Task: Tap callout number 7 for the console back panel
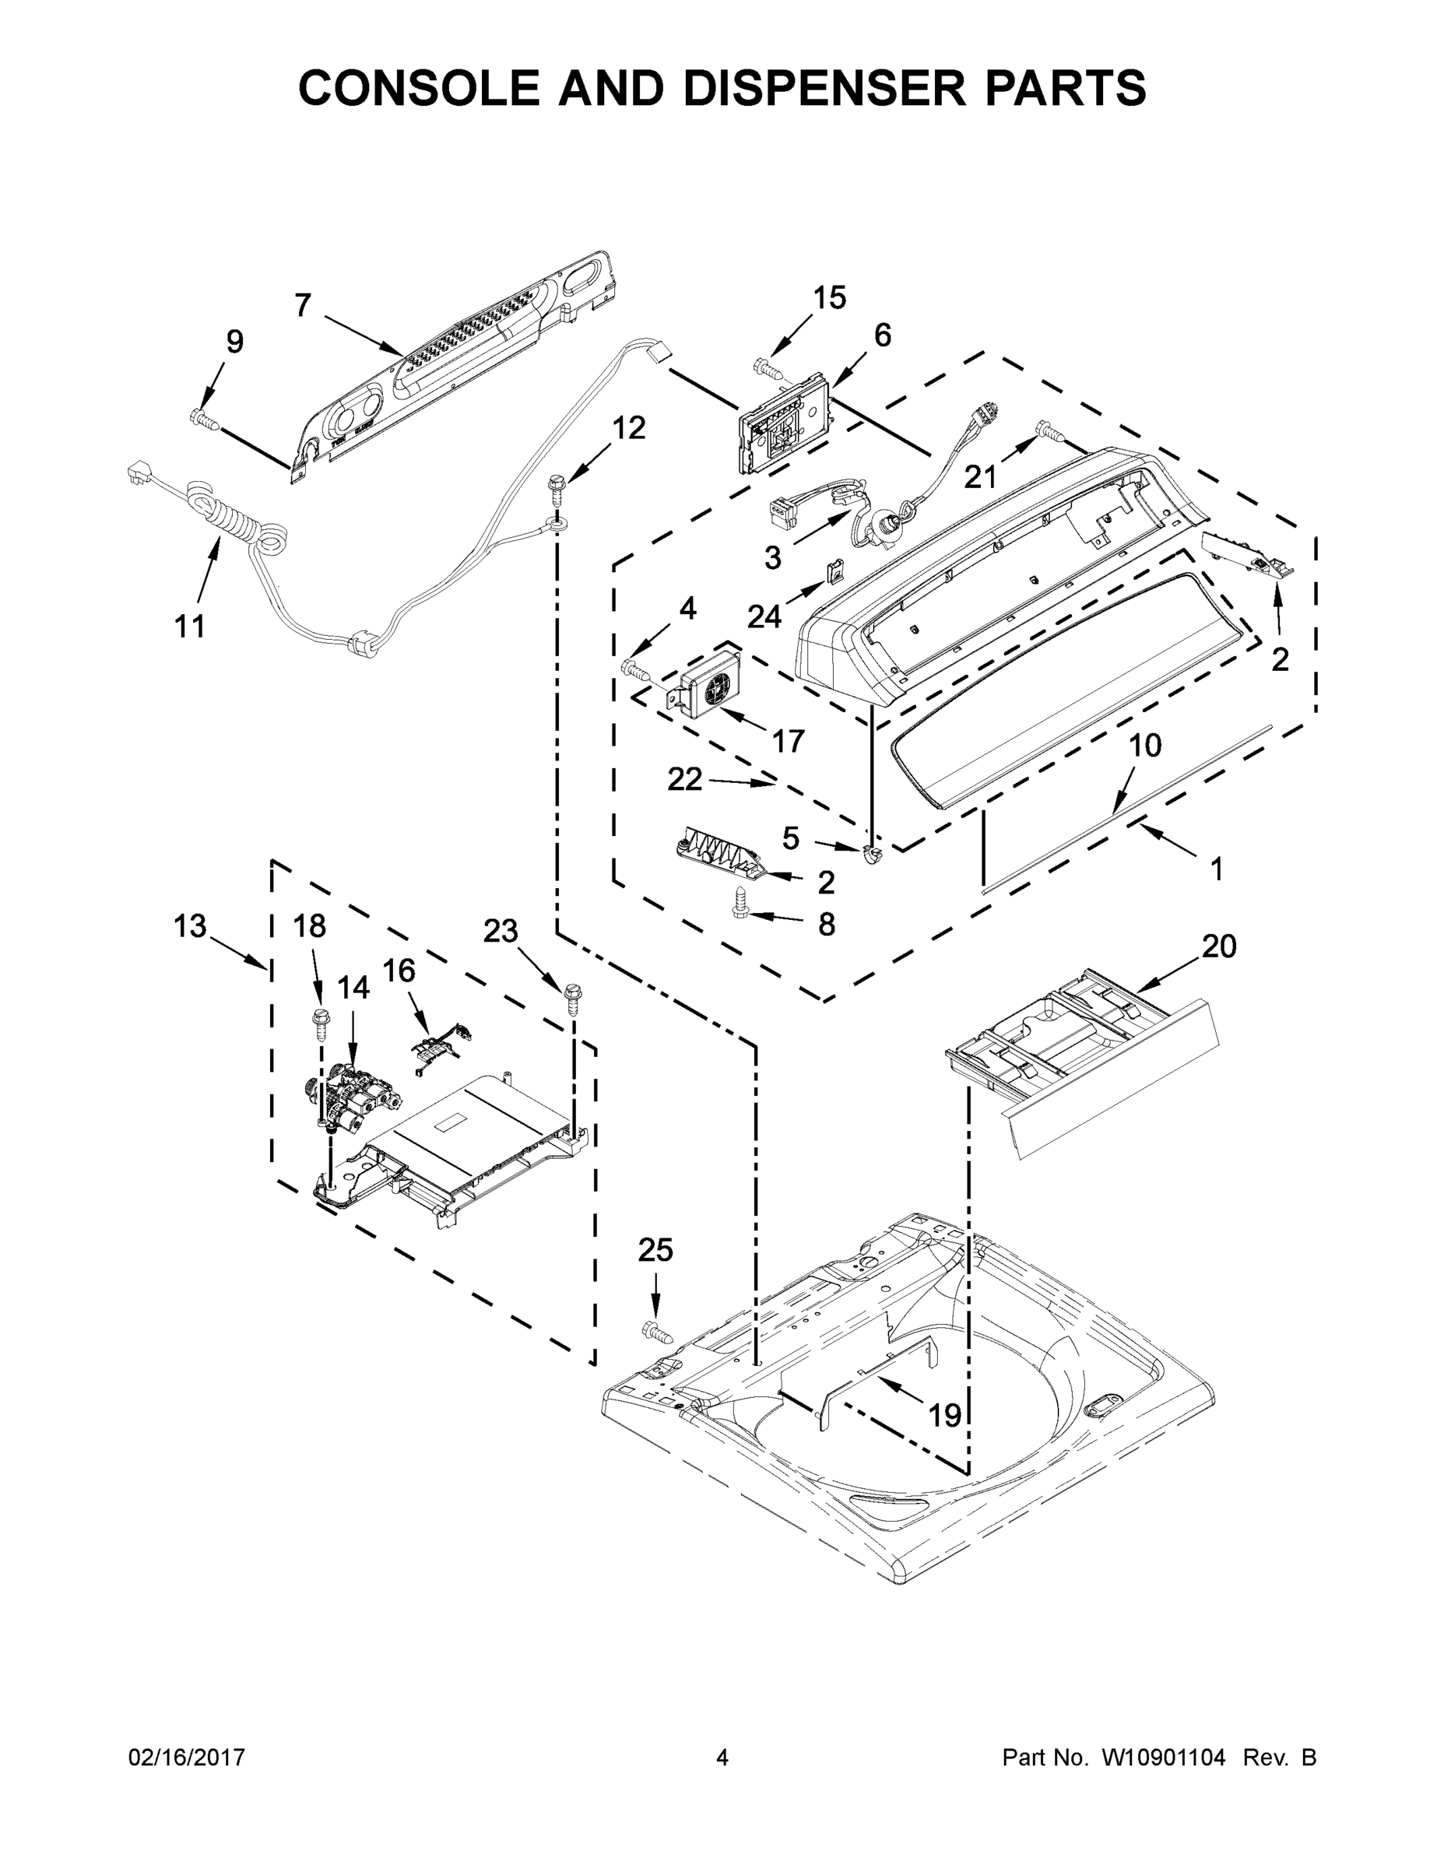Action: [x=303, y=305]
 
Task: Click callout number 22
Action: [x=684, y=779]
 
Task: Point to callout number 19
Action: [x=944, y=1416]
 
